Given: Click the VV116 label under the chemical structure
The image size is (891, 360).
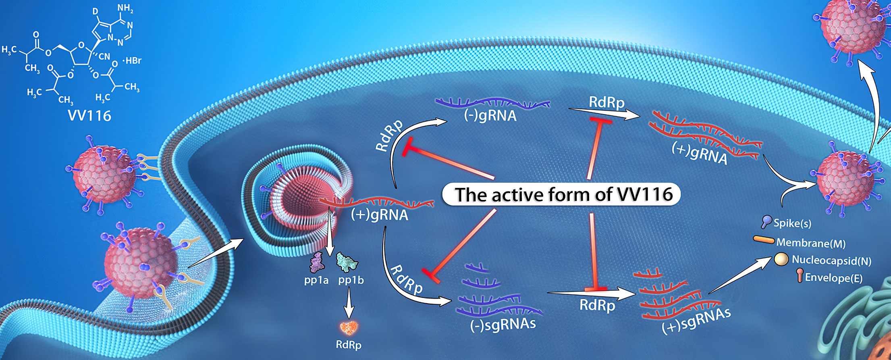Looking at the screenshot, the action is [x=89, y=116].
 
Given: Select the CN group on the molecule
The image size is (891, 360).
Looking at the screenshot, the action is [x=104, y=56].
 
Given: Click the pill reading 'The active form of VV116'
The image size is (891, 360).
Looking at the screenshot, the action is [x=561, y=194].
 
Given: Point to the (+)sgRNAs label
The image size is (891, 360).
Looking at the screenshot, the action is [x=696, y=321].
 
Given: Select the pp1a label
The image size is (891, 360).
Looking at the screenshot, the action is [x=316, y=280].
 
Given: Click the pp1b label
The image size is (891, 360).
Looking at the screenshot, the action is [x=351, y=280].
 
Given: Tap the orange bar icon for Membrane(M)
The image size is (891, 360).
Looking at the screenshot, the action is [x=764, y=241].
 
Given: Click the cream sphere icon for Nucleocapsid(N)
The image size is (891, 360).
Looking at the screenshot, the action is [x=781, y=259].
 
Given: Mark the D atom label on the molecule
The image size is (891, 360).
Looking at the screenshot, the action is [x=96, y=11].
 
